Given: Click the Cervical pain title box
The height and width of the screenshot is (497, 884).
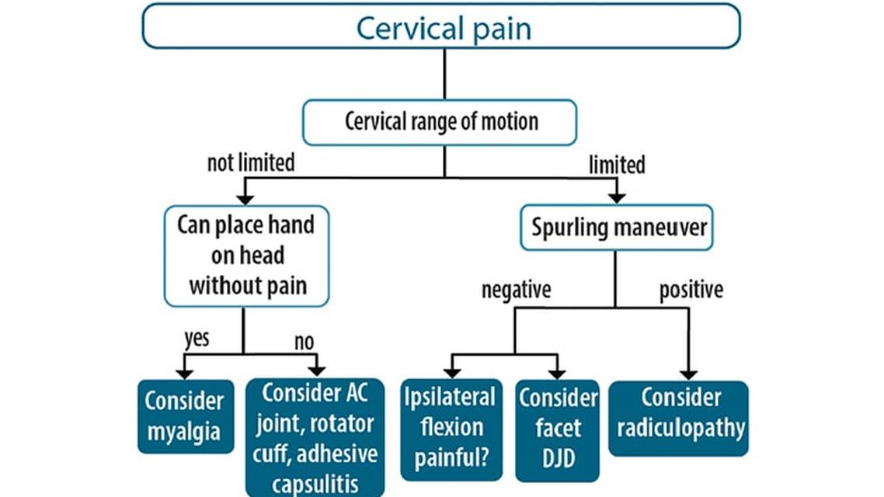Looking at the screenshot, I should [x=441, y=27].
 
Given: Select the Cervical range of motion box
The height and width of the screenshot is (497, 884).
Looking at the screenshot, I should [x=440, y=123].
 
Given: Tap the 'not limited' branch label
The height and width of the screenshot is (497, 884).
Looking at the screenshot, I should [x=251, y=163].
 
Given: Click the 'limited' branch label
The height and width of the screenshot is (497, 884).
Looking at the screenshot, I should [x=617, y=165].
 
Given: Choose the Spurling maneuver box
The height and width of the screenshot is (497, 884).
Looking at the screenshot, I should [x=616, y=228].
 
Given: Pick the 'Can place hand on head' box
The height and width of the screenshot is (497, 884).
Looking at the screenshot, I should [x=246, y=255].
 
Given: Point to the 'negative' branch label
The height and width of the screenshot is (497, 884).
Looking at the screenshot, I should [x=516, y=290].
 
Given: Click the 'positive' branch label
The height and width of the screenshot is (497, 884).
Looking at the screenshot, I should [x=691, y=290].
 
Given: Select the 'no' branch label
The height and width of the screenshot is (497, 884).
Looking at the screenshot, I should [x=304, y=341].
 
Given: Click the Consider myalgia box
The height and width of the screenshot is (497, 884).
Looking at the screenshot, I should [x=185, y=416].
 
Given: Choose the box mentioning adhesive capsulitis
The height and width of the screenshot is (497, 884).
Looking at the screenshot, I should [x=314, y=438].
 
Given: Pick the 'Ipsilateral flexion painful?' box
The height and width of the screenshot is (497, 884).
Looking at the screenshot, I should [x=450, y=429].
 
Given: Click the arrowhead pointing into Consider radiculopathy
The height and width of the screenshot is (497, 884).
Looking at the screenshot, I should [x=688, y=374].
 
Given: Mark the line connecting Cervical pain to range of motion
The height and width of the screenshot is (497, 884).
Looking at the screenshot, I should [x=444, y=74].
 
